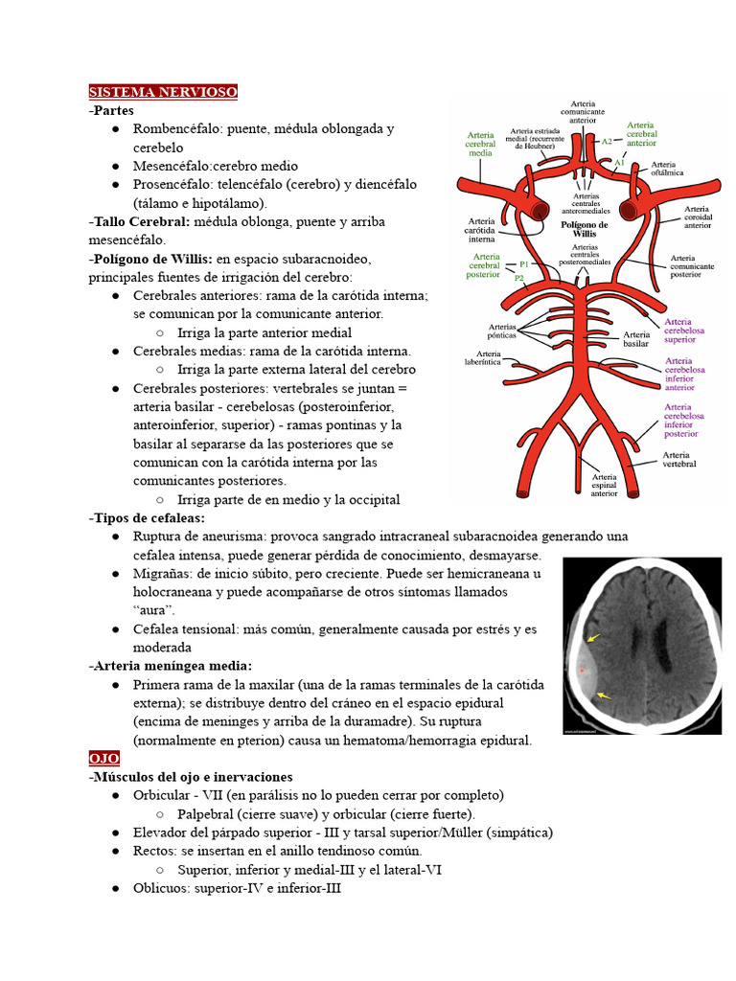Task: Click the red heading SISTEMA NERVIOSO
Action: coord(163,92)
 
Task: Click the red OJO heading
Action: coord(103,758)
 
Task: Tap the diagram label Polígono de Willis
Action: coord(584,229)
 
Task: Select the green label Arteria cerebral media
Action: coord(480,144)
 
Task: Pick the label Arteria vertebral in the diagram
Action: coord(678,459)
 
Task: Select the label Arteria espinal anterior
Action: coord(604,485)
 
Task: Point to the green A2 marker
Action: coord(607,141)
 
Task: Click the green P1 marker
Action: coord(523,263)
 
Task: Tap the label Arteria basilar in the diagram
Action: coord(636,337)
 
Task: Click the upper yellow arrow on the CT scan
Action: coord(594,637)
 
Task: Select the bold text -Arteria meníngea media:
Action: coord(170,666)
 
